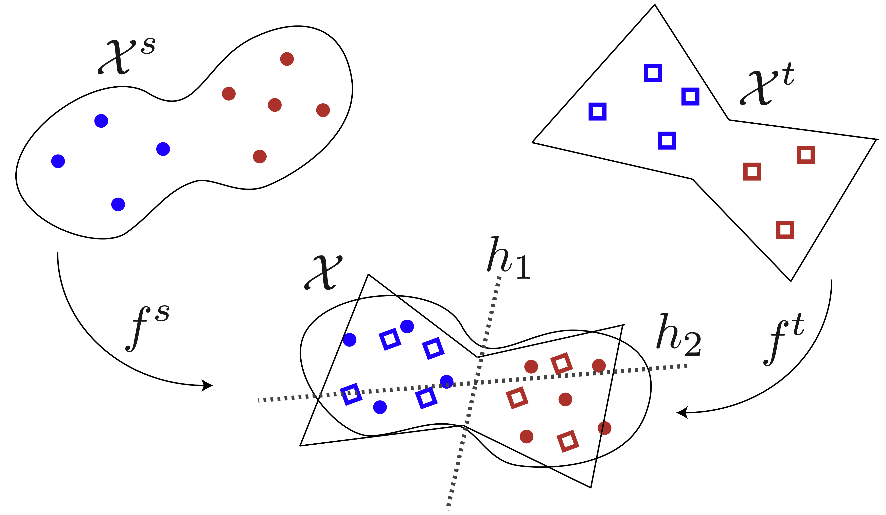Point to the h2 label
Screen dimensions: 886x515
click(679, 335)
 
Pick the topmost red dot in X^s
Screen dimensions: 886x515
click(287, 59)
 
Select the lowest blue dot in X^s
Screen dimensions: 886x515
click(118, 204)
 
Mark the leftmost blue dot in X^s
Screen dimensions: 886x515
click(58, 161)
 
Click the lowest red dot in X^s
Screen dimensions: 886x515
click(260, 156)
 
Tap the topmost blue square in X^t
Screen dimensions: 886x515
click(653, 73)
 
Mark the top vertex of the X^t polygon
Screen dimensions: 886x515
click(655, 5)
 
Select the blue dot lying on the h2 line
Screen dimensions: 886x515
click(446, 382)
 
